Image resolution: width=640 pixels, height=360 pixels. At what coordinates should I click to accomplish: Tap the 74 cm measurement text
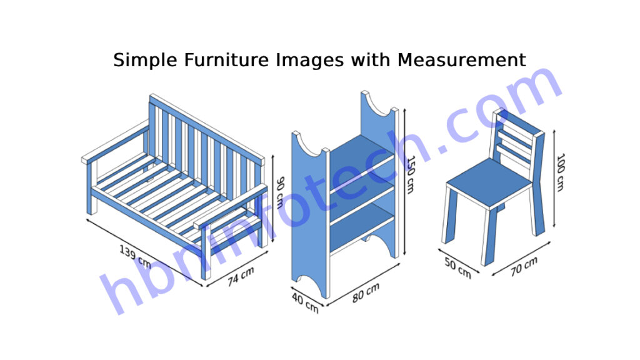coord(241,276)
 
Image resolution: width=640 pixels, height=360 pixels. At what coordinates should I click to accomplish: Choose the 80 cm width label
coord(366,292)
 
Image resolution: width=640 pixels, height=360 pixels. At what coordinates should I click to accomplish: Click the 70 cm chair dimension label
coord(524,266)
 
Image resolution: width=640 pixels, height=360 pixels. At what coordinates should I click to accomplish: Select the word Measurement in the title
coord(461,61)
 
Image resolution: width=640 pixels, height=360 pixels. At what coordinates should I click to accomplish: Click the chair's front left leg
coord(449,216)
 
